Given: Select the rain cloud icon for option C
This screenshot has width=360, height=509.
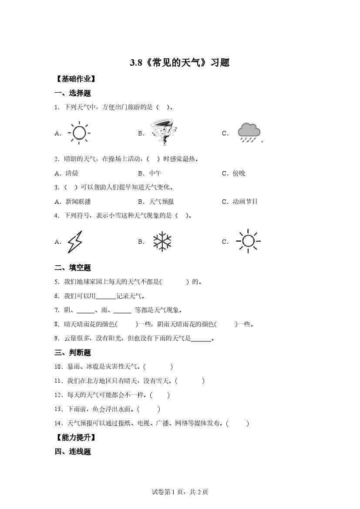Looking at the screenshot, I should tap(249, 132).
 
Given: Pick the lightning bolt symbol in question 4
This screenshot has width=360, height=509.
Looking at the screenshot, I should tap(74, 242).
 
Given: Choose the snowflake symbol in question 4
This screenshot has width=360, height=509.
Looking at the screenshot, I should tap(162, 242).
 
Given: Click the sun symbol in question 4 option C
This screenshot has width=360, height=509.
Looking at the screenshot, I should tap(248, 241).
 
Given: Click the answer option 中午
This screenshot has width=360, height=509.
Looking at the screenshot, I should tap(155, 173).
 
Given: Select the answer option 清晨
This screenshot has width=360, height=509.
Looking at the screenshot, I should tap(72, 173).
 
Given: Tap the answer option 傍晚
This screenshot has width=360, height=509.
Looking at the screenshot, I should tap(239, 173).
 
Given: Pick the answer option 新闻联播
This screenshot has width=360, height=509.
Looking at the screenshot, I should tap(78, 202).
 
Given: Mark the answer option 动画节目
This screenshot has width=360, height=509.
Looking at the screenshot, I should tap(245, 202).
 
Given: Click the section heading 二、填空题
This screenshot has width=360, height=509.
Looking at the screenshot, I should tap(73, 268).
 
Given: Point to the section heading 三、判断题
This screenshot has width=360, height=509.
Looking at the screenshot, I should tap(73, 353).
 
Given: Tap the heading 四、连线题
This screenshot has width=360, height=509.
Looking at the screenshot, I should tap(73, 452).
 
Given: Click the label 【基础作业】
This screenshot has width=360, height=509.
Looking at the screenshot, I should tap(75, 79).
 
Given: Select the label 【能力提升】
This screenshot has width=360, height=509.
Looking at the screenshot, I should tap(75, 437).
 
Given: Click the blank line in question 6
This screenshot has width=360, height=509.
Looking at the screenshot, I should tap(106, 297).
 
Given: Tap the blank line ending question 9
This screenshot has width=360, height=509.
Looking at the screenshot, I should tap(201, 339).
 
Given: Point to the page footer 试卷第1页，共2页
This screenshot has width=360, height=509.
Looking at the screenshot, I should tap(180, 492).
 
